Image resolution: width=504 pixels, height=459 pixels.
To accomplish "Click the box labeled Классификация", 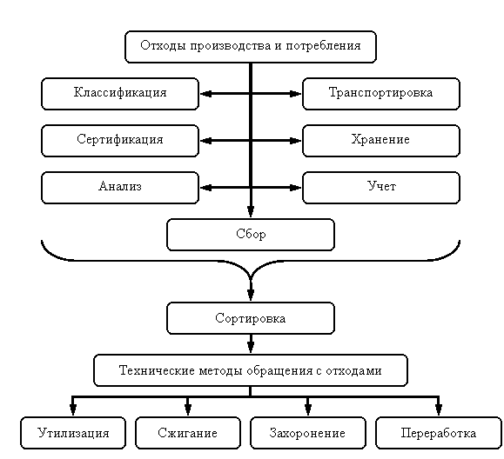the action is (120, 94).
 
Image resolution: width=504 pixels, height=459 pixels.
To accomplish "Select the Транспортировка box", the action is (381, 94).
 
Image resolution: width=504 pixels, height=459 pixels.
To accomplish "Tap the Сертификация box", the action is (120, 141).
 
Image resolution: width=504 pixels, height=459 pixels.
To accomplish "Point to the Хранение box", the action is (381, 141).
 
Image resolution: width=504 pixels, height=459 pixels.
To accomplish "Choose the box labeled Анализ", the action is (120, 188).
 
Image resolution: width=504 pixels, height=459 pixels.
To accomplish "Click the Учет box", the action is (381, 188).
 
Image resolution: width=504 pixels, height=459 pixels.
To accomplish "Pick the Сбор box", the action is (251, 235).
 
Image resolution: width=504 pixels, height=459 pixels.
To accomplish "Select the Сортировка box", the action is (251, 318).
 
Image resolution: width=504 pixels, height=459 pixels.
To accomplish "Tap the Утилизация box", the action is (73, 433).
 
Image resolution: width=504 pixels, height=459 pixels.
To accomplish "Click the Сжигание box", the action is (188, 433).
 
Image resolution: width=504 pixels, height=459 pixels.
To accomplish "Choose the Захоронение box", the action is (308, 433).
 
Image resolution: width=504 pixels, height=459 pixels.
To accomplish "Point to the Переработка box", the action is (439, 433).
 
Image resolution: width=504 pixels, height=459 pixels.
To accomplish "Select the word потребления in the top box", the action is (323, 46).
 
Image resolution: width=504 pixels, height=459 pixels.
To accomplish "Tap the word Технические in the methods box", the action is (157, 370).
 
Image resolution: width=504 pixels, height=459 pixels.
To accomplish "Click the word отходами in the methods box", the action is (353, 370).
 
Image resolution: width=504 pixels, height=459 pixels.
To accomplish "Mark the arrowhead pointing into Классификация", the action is (205, 94).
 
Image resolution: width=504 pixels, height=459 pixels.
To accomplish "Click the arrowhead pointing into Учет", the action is (296, 188).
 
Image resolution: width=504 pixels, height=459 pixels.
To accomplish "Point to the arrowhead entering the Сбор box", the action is (251, 212).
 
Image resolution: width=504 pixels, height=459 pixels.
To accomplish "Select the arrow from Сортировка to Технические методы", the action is (251, 344).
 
